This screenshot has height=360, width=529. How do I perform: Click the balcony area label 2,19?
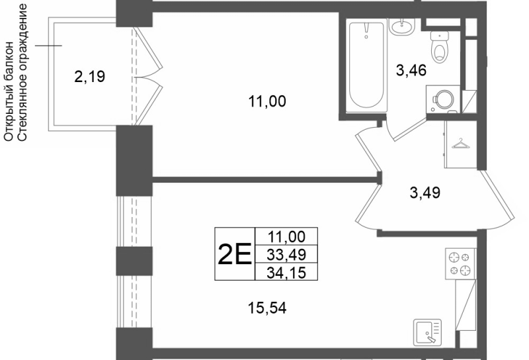(89, 77)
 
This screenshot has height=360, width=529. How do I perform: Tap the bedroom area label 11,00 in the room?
(267, 101)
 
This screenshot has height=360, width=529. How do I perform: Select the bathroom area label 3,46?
(411, 71)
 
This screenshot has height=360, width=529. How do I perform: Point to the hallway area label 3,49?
(425, 193)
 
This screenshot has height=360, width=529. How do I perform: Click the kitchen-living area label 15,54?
(267, 308)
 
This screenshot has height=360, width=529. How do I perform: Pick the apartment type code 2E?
(235, 254)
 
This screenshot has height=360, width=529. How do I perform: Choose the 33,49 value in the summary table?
(286, 255)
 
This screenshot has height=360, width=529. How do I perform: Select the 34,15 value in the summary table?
(286, 273)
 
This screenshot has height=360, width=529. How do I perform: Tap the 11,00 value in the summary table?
(286, 237)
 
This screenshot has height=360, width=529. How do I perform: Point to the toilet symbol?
(439, 46)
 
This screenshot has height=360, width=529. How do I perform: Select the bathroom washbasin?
(401, 26)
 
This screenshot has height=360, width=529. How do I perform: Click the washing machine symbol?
(443, 99)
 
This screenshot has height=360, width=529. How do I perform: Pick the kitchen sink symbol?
(428, 332)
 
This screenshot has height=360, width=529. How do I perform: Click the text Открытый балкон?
(9, 91)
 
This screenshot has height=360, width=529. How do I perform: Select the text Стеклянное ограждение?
(22, 72)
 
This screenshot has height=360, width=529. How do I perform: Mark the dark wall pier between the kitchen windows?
(134, 261)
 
